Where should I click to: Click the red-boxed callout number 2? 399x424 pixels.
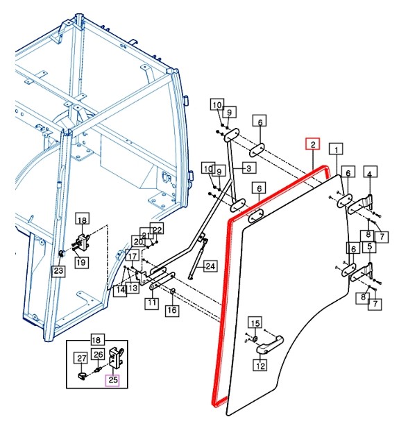coord(313,144)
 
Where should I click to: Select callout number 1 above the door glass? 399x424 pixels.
coord(336,149)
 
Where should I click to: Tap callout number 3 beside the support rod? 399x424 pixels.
coord(249,168)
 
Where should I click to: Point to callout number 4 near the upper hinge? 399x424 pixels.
coord(370,172)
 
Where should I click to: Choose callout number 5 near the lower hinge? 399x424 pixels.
coord(370,247)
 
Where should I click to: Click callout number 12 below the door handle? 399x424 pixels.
coord(260,366)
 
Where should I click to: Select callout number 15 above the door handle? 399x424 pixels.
coord(255,323)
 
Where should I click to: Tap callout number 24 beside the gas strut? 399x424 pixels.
coord(210,266)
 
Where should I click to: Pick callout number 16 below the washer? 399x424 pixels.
coord(172,310)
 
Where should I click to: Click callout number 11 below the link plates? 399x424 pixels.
coord(152,303)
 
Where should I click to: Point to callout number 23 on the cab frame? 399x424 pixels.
coord(58,270)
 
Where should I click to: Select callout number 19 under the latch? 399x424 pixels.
coord(81,262)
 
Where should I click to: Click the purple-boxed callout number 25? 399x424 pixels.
coord(112,380)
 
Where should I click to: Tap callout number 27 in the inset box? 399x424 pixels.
coord(81,359)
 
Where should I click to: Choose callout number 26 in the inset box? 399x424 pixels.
coord(99,354)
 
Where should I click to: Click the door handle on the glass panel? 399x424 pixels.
coord(270,345)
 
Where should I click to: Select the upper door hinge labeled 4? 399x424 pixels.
coord(361,205)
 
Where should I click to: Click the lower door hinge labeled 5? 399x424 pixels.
coord(362,272)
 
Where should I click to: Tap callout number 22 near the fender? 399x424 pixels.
coord(157,229)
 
